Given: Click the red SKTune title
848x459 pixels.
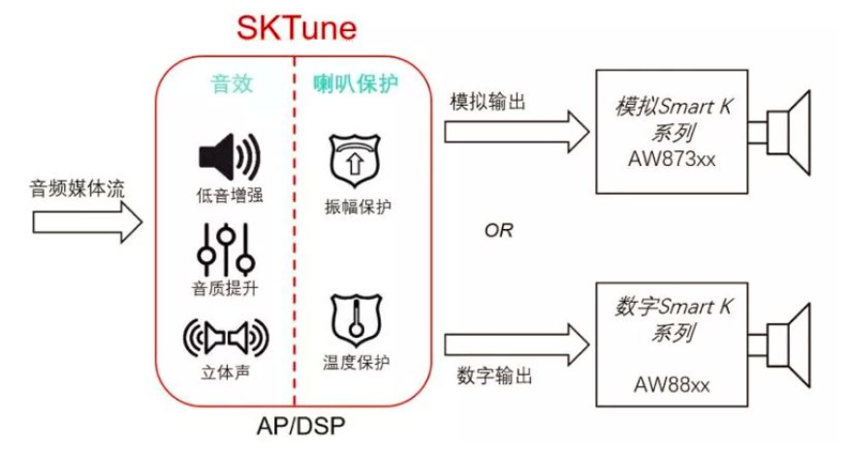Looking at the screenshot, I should [x=297, y=26].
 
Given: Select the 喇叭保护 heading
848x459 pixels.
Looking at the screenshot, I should [x=355, y=84].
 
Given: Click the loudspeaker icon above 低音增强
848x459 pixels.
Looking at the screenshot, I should [x=229, y=155].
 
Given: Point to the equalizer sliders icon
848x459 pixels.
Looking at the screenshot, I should [x=226, y=249].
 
